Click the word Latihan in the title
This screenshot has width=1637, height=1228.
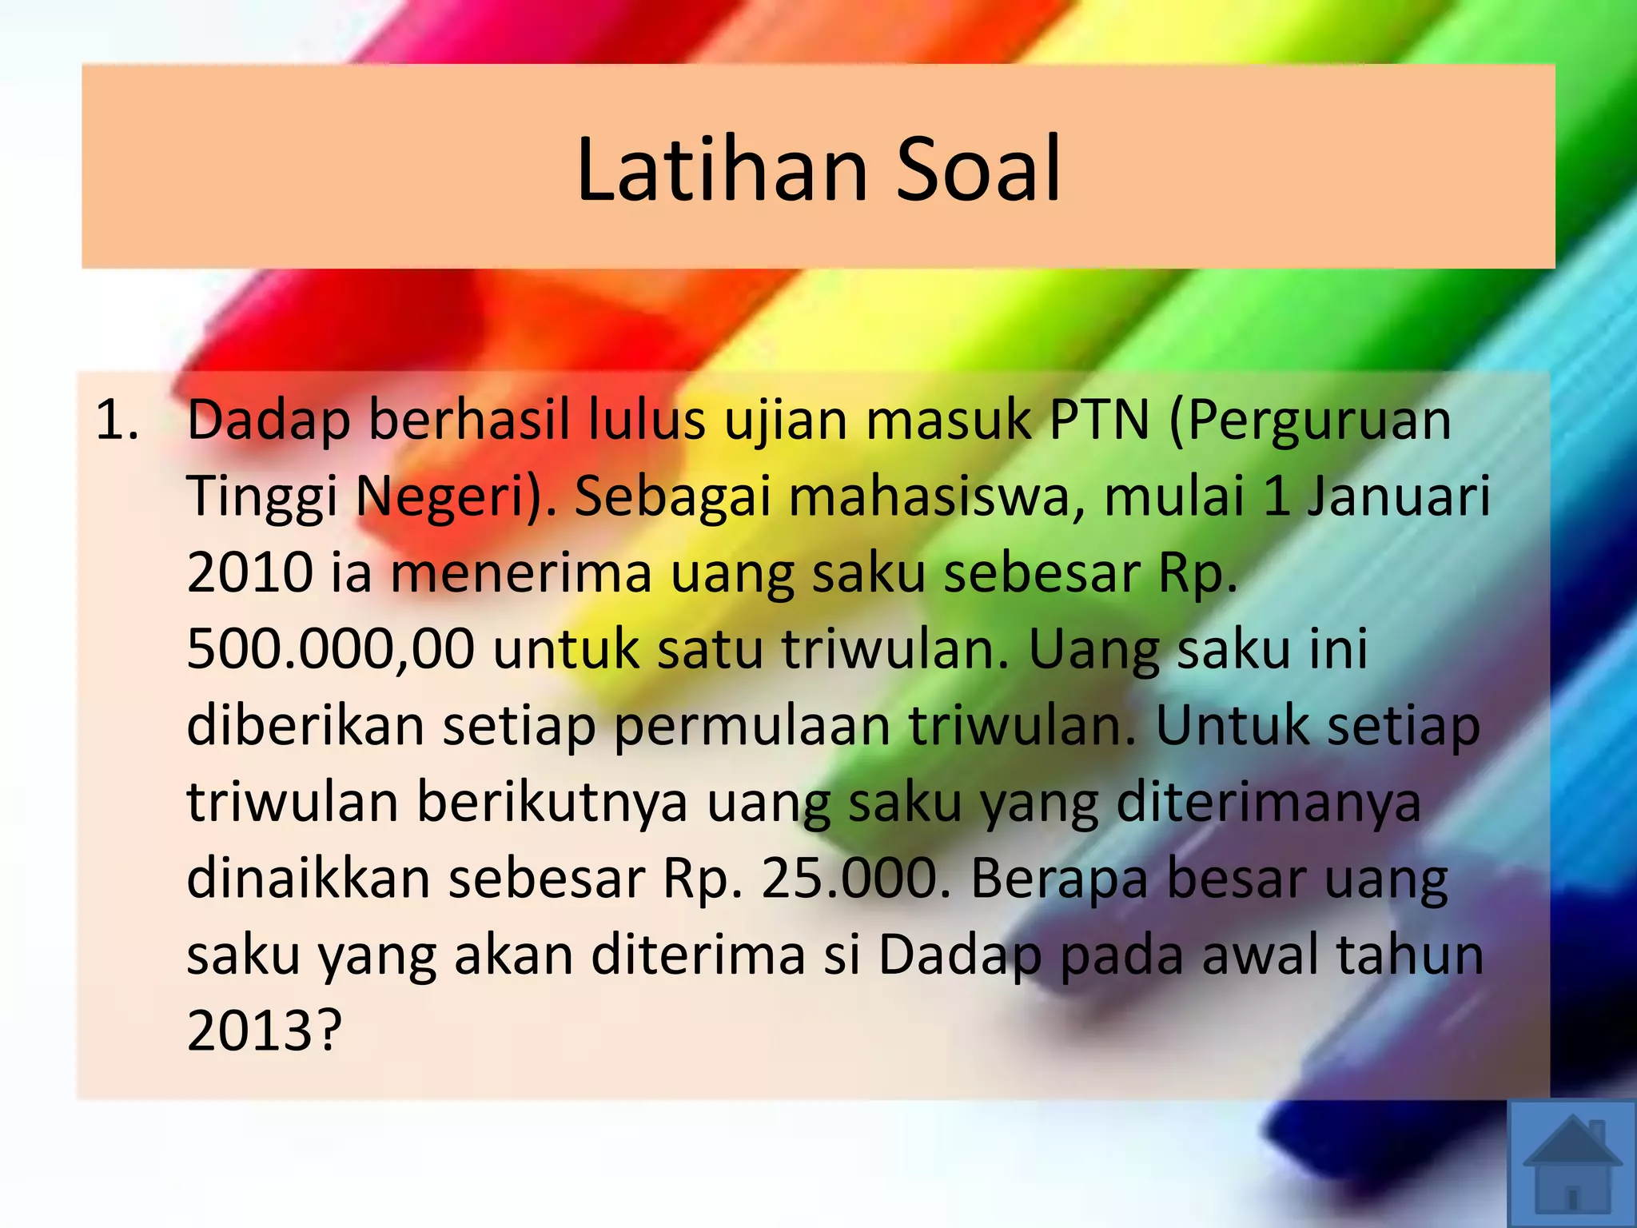pos(722,169)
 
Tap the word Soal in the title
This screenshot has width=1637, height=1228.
pos(978,169)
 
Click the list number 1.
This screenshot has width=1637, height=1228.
pos(117,421)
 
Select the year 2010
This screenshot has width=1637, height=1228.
pos(249,572)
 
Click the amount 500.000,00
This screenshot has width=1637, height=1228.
pos(330,649)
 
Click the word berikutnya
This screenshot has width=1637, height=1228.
pos(552,802)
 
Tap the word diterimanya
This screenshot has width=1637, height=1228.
pos(1269,802)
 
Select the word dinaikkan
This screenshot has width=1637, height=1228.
pos(308,878)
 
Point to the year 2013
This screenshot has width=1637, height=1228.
pos(249,1030)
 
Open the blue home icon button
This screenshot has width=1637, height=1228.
pos(1571,1164)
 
